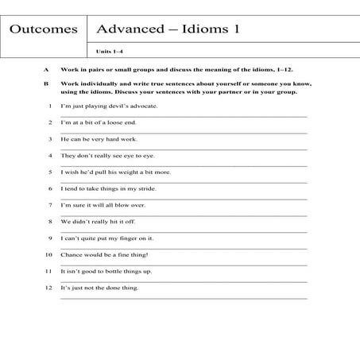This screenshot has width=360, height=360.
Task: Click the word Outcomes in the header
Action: pos(44,30)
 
